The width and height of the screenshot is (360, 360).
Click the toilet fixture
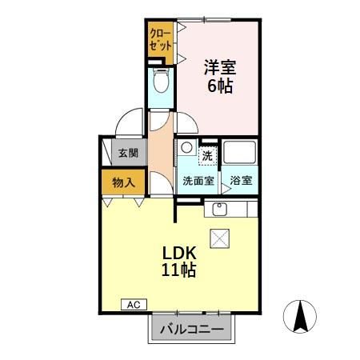coord(160,81)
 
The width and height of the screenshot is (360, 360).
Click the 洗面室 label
coord(197,181)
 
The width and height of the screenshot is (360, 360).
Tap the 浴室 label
coord(241,181)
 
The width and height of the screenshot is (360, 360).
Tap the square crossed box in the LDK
coord(219,238)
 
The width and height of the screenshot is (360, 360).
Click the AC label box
coord(134,304)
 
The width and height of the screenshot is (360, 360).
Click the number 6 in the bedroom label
coord(212,85)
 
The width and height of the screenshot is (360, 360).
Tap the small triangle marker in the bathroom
coord(226,191)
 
